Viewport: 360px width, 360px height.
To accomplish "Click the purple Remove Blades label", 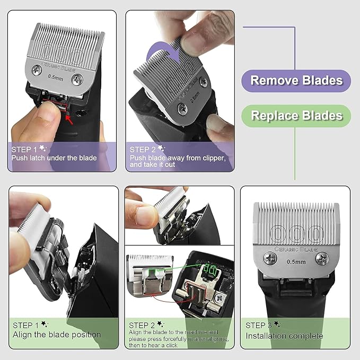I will pos(296,80).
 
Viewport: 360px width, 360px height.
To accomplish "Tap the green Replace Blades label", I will pos(296,115).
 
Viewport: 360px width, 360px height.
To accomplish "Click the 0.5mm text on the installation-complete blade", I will pos(296,261).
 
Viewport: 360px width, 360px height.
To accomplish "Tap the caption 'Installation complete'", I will pos(284,336).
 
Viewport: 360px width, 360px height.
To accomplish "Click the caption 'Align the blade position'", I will pos(57,335).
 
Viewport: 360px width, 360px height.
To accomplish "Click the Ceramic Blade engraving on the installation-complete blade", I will pos(296,249).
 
